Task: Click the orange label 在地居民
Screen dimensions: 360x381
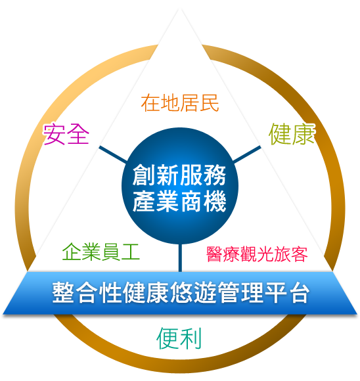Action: [180, 103]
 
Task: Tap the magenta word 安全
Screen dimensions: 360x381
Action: [66, 134]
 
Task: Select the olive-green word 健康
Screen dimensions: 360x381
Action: [292, 134]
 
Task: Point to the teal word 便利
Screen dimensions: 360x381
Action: [179, 338]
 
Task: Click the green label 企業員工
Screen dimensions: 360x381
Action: [101, 252]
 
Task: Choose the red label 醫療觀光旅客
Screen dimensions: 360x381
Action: [257, 254]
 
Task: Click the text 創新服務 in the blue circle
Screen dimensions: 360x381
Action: [179, 175]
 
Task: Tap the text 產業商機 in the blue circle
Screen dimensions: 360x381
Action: [179, 201]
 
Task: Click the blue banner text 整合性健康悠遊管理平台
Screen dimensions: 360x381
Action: [181, 292]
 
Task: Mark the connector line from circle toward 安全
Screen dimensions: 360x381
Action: [113, 155]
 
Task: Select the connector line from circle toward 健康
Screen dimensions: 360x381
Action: [247, 154]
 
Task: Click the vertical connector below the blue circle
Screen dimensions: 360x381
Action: [180, 258]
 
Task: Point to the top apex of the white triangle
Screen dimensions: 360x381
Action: [180, 9]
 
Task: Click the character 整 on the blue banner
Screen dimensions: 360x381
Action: [63, 292]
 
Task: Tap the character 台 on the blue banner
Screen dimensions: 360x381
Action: [299, 292]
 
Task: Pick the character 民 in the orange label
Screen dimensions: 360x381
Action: [210, 103]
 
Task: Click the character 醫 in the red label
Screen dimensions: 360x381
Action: [214, 254]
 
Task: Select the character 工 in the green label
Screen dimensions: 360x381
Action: [131, 252]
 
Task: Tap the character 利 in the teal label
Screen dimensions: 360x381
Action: [191, 338]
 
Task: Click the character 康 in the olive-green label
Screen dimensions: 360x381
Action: [304, 134]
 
